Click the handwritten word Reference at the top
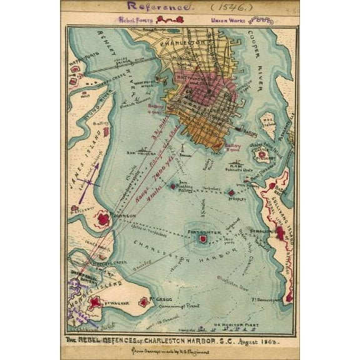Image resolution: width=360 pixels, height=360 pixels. (x=159, y=6)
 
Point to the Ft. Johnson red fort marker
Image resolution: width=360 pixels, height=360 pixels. (x=102, y=219)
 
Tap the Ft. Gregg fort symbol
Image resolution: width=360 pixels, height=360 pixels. (x=144, y=302)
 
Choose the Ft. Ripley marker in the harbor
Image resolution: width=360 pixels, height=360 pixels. (x=231, y=193)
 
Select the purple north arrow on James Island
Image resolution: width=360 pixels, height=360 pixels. (x=88, y=188)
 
